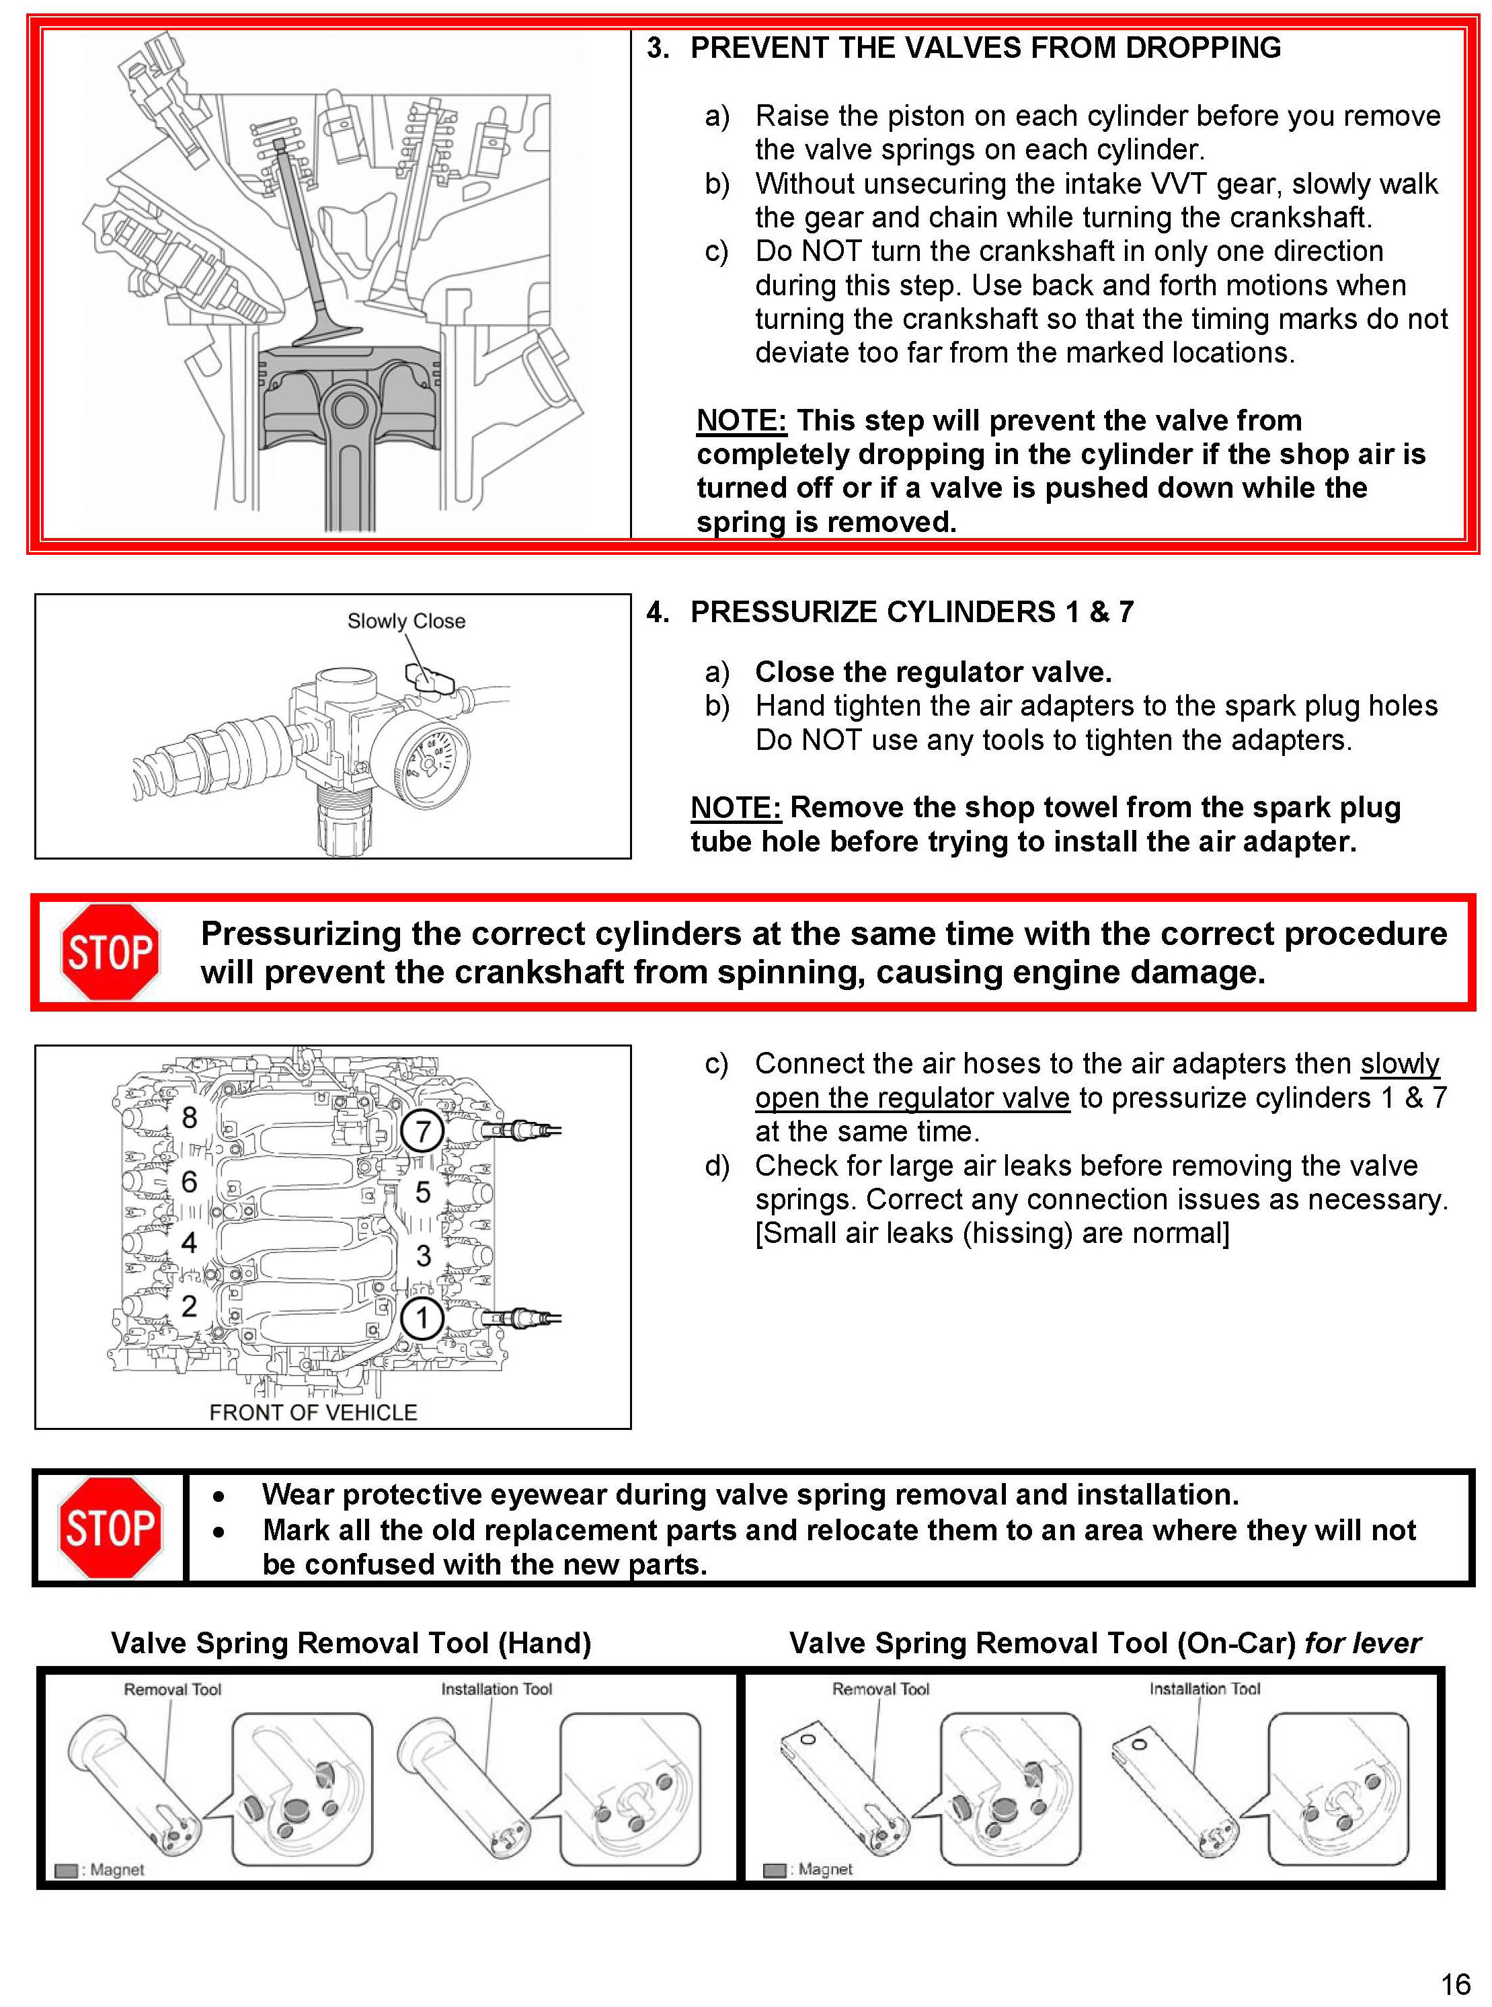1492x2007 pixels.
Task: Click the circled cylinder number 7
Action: coord(422,1131)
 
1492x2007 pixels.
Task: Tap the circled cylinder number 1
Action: coord(422,1318)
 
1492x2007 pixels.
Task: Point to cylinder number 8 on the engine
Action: coord(189,1117)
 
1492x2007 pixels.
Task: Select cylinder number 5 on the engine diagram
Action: coord(423,1192)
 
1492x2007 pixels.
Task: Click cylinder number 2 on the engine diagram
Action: coord(189,1305)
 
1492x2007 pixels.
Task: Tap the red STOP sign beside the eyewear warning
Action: coord(110,1528)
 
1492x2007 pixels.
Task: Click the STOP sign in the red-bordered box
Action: coord(110,952)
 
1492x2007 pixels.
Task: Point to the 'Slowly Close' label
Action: coord(406,621)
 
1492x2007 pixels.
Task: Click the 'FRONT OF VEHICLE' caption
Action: coord(313,1412)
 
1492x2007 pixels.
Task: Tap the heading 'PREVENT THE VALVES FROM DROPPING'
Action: coord(985,48)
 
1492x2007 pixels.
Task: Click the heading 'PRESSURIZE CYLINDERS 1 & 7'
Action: coord(911,613)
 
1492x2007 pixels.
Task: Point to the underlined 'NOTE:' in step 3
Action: coord(740,421)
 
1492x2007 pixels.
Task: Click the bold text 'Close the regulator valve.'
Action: coord(933,672)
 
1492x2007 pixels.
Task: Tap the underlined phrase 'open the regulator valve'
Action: coord(912,1098)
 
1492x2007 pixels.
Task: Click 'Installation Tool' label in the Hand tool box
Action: coord(496,1689)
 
